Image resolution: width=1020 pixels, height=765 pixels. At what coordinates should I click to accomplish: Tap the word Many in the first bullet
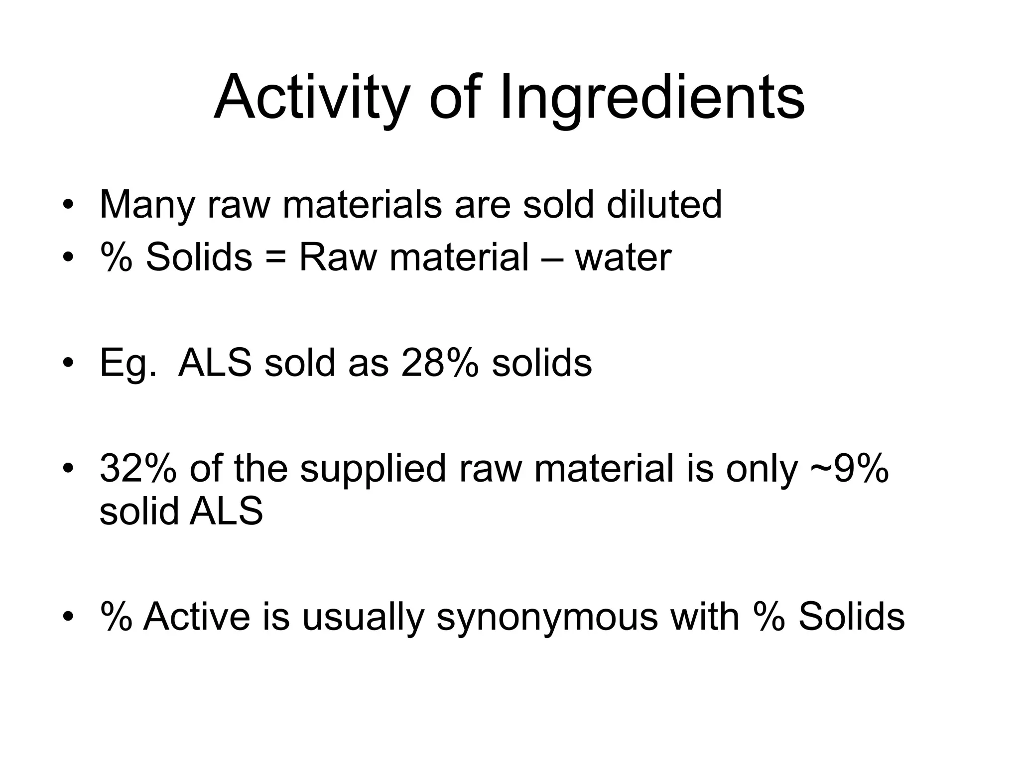(146, 205)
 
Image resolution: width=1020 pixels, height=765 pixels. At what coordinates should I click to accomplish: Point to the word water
(623, 257)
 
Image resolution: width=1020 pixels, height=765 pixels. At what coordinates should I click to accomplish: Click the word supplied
(373, 469)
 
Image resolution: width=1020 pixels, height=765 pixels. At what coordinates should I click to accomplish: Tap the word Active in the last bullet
(197, 617)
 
